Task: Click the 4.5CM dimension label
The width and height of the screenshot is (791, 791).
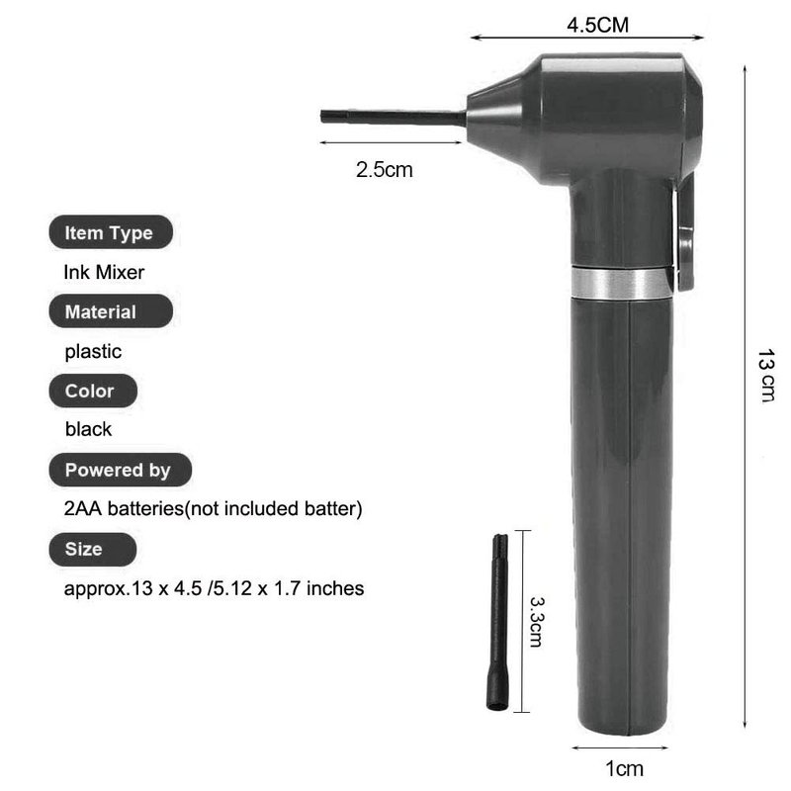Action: tap(598, 26)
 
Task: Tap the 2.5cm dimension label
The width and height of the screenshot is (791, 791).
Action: tap(385, 169)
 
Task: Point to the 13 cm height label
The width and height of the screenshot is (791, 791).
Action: tap(766, 376)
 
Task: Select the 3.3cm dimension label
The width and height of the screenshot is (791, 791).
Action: tap(536, 622)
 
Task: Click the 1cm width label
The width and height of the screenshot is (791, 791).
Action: tap(625, 769)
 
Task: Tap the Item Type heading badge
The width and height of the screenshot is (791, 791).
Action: tap(111, 232)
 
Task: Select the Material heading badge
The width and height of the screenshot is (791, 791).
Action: tap(111, 311)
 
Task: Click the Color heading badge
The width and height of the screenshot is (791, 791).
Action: tap(93, 391)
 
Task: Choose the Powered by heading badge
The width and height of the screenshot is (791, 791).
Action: tap(120, 470)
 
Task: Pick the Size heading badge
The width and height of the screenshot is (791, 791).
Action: tap(93, 549)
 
